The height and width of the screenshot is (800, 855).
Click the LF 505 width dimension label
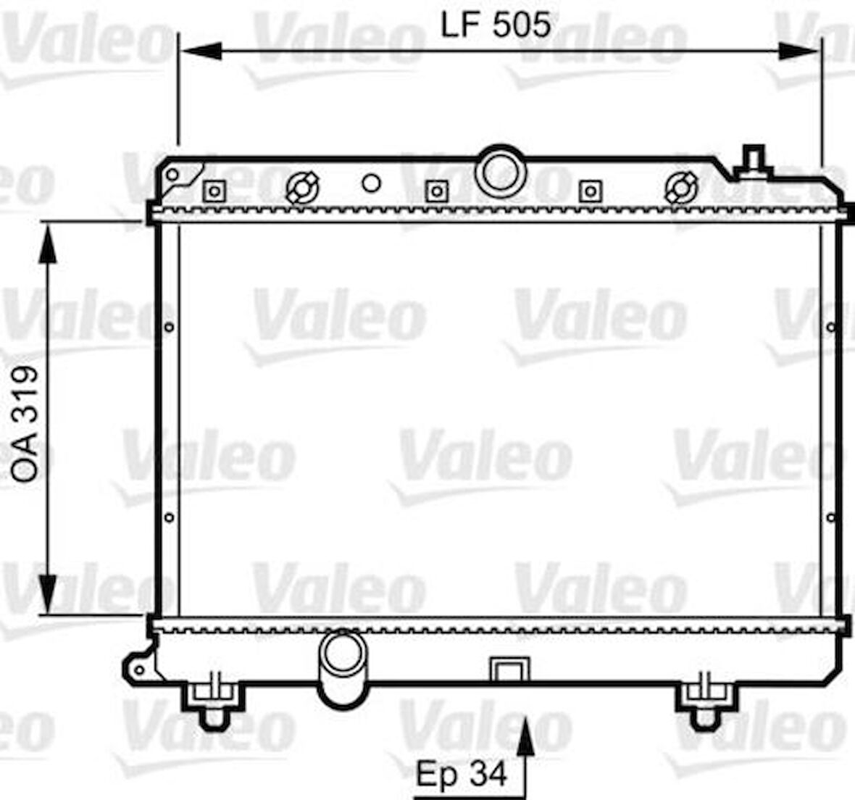coord(496,25)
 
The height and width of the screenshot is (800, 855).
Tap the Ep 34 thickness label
coord(461,774)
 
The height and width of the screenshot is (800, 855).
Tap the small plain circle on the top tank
coord(371,183)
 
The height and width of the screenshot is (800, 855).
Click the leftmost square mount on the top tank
coord(214,191)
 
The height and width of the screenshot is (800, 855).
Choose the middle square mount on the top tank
coord(435,191)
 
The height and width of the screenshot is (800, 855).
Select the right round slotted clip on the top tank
coord(681,188)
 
